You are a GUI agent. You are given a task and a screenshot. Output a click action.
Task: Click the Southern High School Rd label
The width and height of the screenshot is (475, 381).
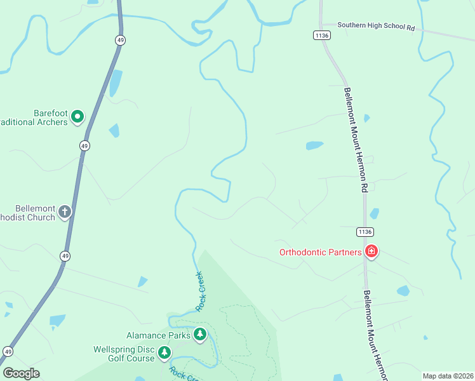click(x=376, y=26)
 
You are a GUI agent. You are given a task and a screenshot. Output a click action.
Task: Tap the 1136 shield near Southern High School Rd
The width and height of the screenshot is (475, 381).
click(x=321, y=36)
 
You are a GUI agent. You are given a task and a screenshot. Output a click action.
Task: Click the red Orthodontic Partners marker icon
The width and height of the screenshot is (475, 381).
click(x=371, y=252)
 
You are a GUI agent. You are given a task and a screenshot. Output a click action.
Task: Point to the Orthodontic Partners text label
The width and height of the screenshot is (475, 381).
click(x=321, y=252)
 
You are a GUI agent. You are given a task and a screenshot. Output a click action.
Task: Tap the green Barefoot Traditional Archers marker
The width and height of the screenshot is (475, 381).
click(x=77, y=116)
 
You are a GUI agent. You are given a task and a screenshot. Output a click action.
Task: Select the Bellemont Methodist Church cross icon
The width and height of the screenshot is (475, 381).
click(x=65, y=212)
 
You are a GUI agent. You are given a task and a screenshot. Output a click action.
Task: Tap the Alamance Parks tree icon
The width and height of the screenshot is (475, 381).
click(x=200, y=334)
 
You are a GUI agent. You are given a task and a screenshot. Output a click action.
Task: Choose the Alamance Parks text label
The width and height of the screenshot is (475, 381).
click(x=158, y=335)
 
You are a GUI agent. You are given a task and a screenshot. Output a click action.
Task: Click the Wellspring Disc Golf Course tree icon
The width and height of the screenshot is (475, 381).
click(x=164, y=352)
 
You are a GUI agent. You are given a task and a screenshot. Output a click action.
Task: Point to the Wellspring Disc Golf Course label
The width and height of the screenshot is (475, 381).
click(x=124, y=354)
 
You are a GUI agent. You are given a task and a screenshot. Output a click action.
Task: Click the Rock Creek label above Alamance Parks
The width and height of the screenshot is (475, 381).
click(x=201, y=291)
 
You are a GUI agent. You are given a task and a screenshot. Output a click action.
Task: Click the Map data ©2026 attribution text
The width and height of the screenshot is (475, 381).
click(x=447, y=376)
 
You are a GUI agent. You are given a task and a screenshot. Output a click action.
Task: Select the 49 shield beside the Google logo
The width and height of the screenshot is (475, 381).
click(x=8, y=351)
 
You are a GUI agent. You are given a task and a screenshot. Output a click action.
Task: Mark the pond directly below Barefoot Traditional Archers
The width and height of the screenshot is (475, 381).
click(x=114, y=130)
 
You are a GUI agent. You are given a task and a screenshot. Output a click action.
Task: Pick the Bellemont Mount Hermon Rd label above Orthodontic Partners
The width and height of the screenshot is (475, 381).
click(x=356, y=139)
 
